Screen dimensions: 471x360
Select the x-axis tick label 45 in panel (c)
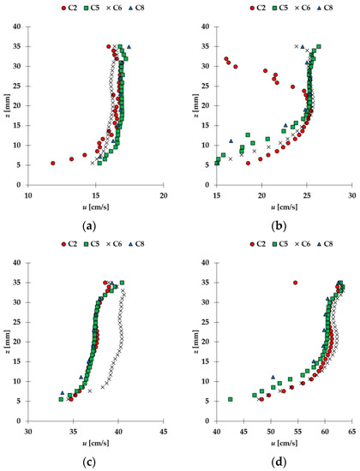pyautogui.click(x=163, y=432)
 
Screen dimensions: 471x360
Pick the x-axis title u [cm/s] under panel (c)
pyautogui.click(x=96, y=444)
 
